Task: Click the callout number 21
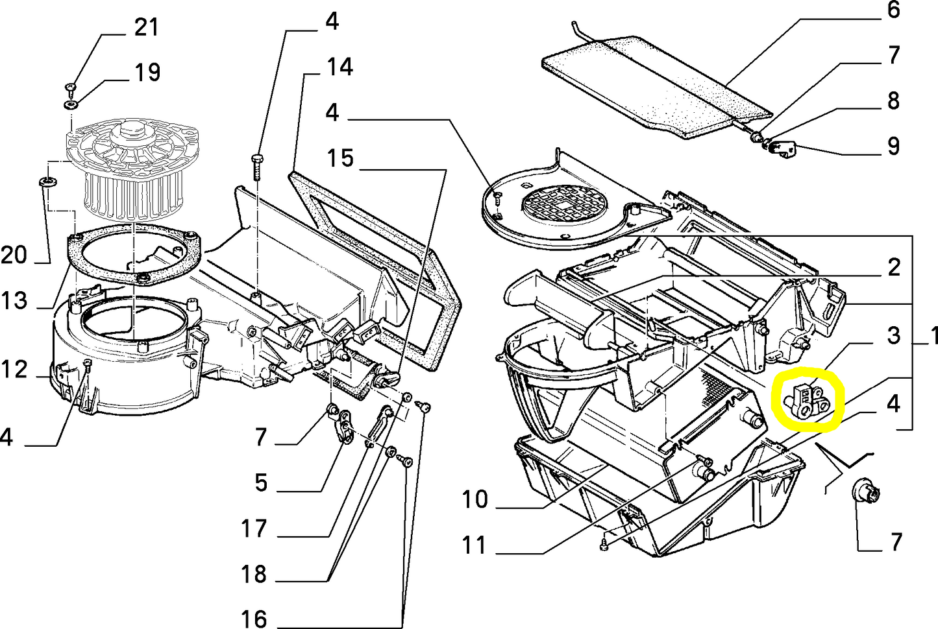(146, 27)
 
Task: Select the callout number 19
(147, 72)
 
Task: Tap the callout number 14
(339, 67)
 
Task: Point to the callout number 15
(339, 158)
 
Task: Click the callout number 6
(894, 10)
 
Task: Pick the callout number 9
(894, 146)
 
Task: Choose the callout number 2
(894, 267)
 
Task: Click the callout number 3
(894, 335)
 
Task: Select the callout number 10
(475, 499)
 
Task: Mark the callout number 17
(254, 528)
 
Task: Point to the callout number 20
(14, 255)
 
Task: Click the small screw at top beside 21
(71, 86)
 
